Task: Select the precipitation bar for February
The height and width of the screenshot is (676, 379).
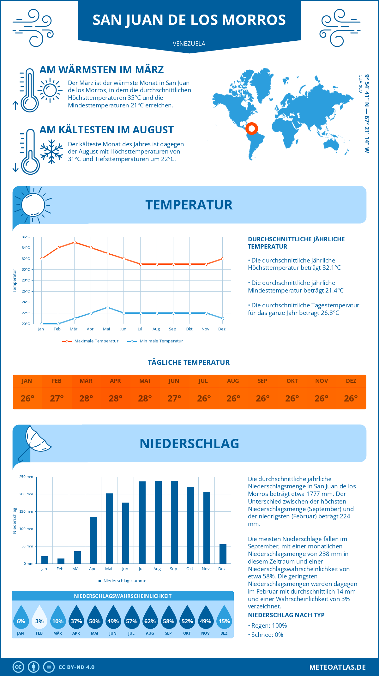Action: [x=61, y=561]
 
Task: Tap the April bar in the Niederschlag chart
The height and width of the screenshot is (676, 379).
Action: [x=93, y=540]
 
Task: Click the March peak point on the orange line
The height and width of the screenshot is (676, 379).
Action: [x=75, y=242]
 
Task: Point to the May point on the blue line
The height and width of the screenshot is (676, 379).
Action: [x=107, y=307]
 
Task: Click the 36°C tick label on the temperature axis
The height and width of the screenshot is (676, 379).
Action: [x=26, y=237]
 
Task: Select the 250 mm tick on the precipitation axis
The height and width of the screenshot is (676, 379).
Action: [x=26, y=477]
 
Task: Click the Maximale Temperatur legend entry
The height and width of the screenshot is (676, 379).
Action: [x=90, y=341]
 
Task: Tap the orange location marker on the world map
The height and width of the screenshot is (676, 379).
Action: [x=252, y=129]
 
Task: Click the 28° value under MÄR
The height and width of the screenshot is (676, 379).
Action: [x=86, y=398]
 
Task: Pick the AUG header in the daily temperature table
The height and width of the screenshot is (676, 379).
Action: [x=233, y=381]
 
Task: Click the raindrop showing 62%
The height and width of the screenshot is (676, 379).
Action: [x=150, y=617]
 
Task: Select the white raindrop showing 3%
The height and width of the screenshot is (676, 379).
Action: [x=39, y=617]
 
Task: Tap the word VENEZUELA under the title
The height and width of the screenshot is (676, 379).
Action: [x=189, y=44]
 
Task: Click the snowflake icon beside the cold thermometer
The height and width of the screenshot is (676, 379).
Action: [x=51, y=152]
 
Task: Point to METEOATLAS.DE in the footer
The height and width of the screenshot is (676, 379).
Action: [x=337, y=667]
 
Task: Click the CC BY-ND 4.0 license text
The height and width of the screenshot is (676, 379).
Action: [x=76, y=667]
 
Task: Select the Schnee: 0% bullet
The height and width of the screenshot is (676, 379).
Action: [x=266, y=635]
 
